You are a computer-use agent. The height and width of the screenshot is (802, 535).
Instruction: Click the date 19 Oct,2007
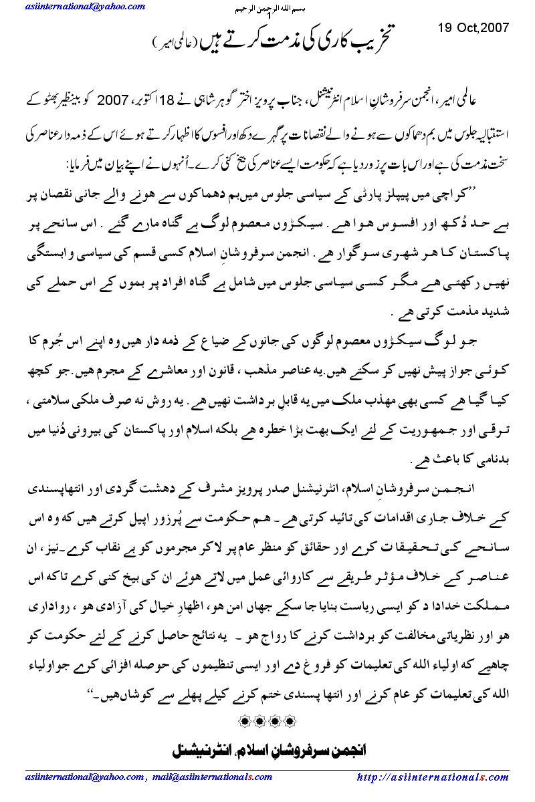[473, 28]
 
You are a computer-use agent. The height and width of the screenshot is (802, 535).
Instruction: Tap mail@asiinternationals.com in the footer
[204, 777]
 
